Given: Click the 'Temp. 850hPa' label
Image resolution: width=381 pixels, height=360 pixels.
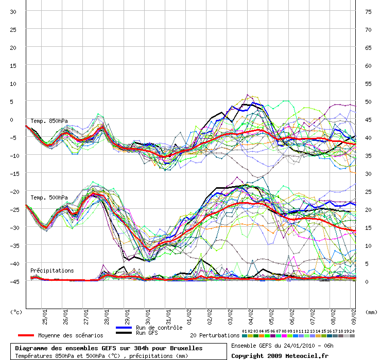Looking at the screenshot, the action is (49, 121).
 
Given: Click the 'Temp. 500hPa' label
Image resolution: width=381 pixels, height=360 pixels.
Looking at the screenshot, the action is (49, 197).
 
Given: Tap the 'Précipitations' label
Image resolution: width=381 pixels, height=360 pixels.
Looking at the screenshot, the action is (52, 271).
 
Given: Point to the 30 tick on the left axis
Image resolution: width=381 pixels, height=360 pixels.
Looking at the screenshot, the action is (13, 12).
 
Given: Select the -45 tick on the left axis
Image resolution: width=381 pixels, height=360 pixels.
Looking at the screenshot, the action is (14, 282).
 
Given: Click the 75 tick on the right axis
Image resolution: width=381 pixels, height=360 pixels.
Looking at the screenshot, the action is (368, 12).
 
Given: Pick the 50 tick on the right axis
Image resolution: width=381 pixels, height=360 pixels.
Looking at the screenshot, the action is (368, 102).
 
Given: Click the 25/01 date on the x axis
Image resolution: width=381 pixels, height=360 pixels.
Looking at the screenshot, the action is (45, 317).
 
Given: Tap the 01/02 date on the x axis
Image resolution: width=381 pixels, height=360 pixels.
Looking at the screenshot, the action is (189, 317).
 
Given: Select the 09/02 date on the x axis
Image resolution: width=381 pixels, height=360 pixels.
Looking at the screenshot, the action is (354, 317).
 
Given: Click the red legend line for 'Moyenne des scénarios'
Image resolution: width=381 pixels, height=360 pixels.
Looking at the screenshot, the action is (26, 335).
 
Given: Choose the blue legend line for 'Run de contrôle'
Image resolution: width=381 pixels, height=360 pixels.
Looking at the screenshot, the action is (124, 328).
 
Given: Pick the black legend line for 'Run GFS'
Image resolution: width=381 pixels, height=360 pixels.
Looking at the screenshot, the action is (124, 333).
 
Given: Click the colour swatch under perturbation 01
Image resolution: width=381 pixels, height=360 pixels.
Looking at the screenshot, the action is (245, 336).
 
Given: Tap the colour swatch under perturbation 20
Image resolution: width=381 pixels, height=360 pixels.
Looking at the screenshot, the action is (352, 336).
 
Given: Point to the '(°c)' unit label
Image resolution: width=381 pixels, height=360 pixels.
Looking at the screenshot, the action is (16, 312).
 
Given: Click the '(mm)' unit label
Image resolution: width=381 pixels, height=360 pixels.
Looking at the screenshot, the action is (371, 312).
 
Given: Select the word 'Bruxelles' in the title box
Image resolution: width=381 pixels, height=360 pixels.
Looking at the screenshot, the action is (186, 348).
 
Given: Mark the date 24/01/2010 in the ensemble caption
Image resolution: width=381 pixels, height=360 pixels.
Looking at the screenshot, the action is (299, 346).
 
